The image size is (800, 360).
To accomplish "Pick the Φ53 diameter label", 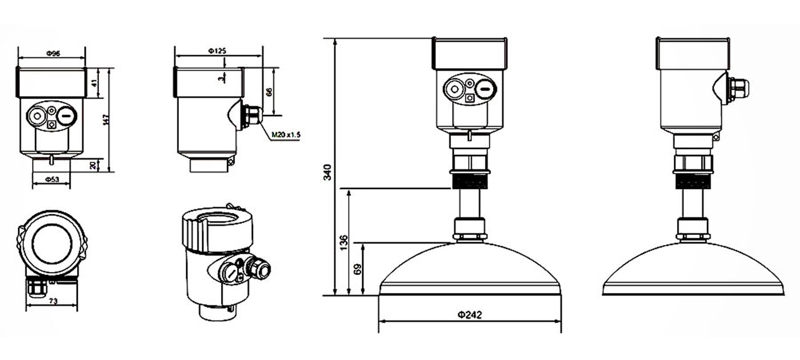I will point(52,180).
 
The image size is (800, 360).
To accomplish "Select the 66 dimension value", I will point(268,92).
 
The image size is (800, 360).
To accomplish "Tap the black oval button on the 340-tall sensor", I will point(485,91).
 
